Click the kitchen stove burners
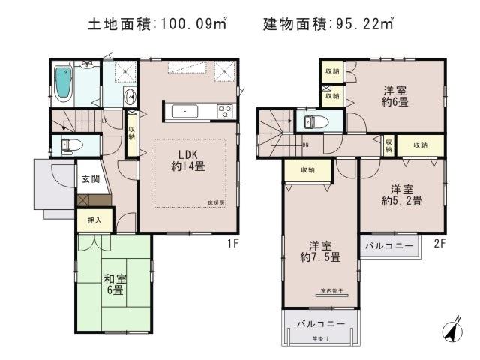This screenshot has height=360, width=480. coord(224,112)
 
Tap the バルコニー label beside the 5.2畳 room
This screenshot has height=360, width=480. coord(389,245)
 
